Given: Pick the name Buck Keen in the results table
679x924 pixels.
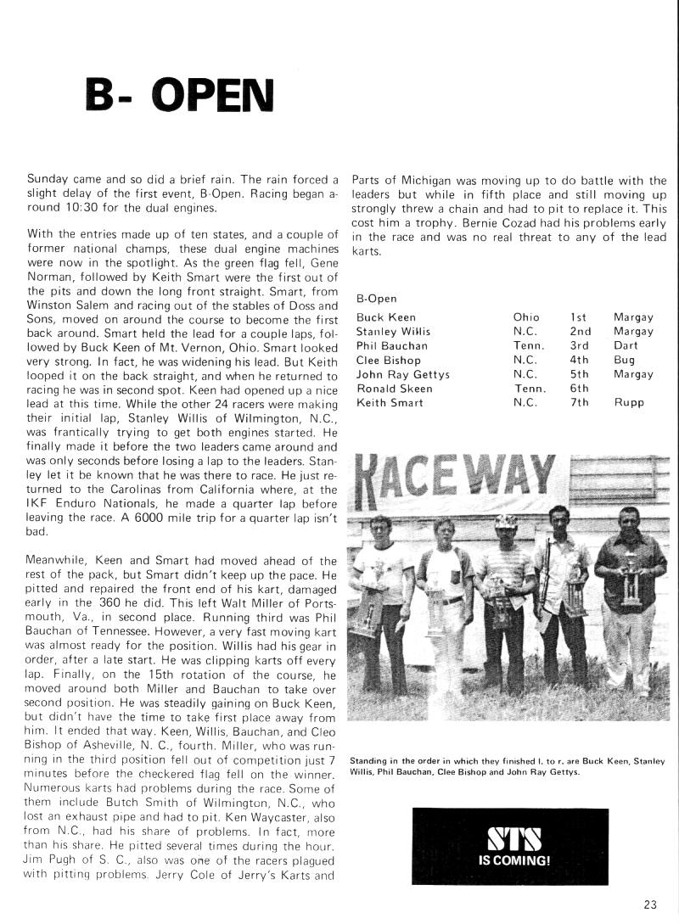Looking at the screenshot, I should pyautogui.click(x=385, y=317).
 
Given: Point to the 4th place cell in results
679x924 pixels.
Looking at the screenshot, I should pyautogui.click(x=579, y=360).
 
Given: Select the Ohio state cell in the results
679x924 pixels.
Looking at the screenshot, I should pyautogui.click(x=526, y=317).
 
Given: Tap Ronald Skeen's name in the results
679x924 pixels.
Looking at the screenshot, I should pyautogui.click(x=394, y=389).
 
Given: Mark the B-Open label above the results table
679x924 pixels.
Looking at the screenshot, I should pyautogui.click(x=377, y=299).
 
